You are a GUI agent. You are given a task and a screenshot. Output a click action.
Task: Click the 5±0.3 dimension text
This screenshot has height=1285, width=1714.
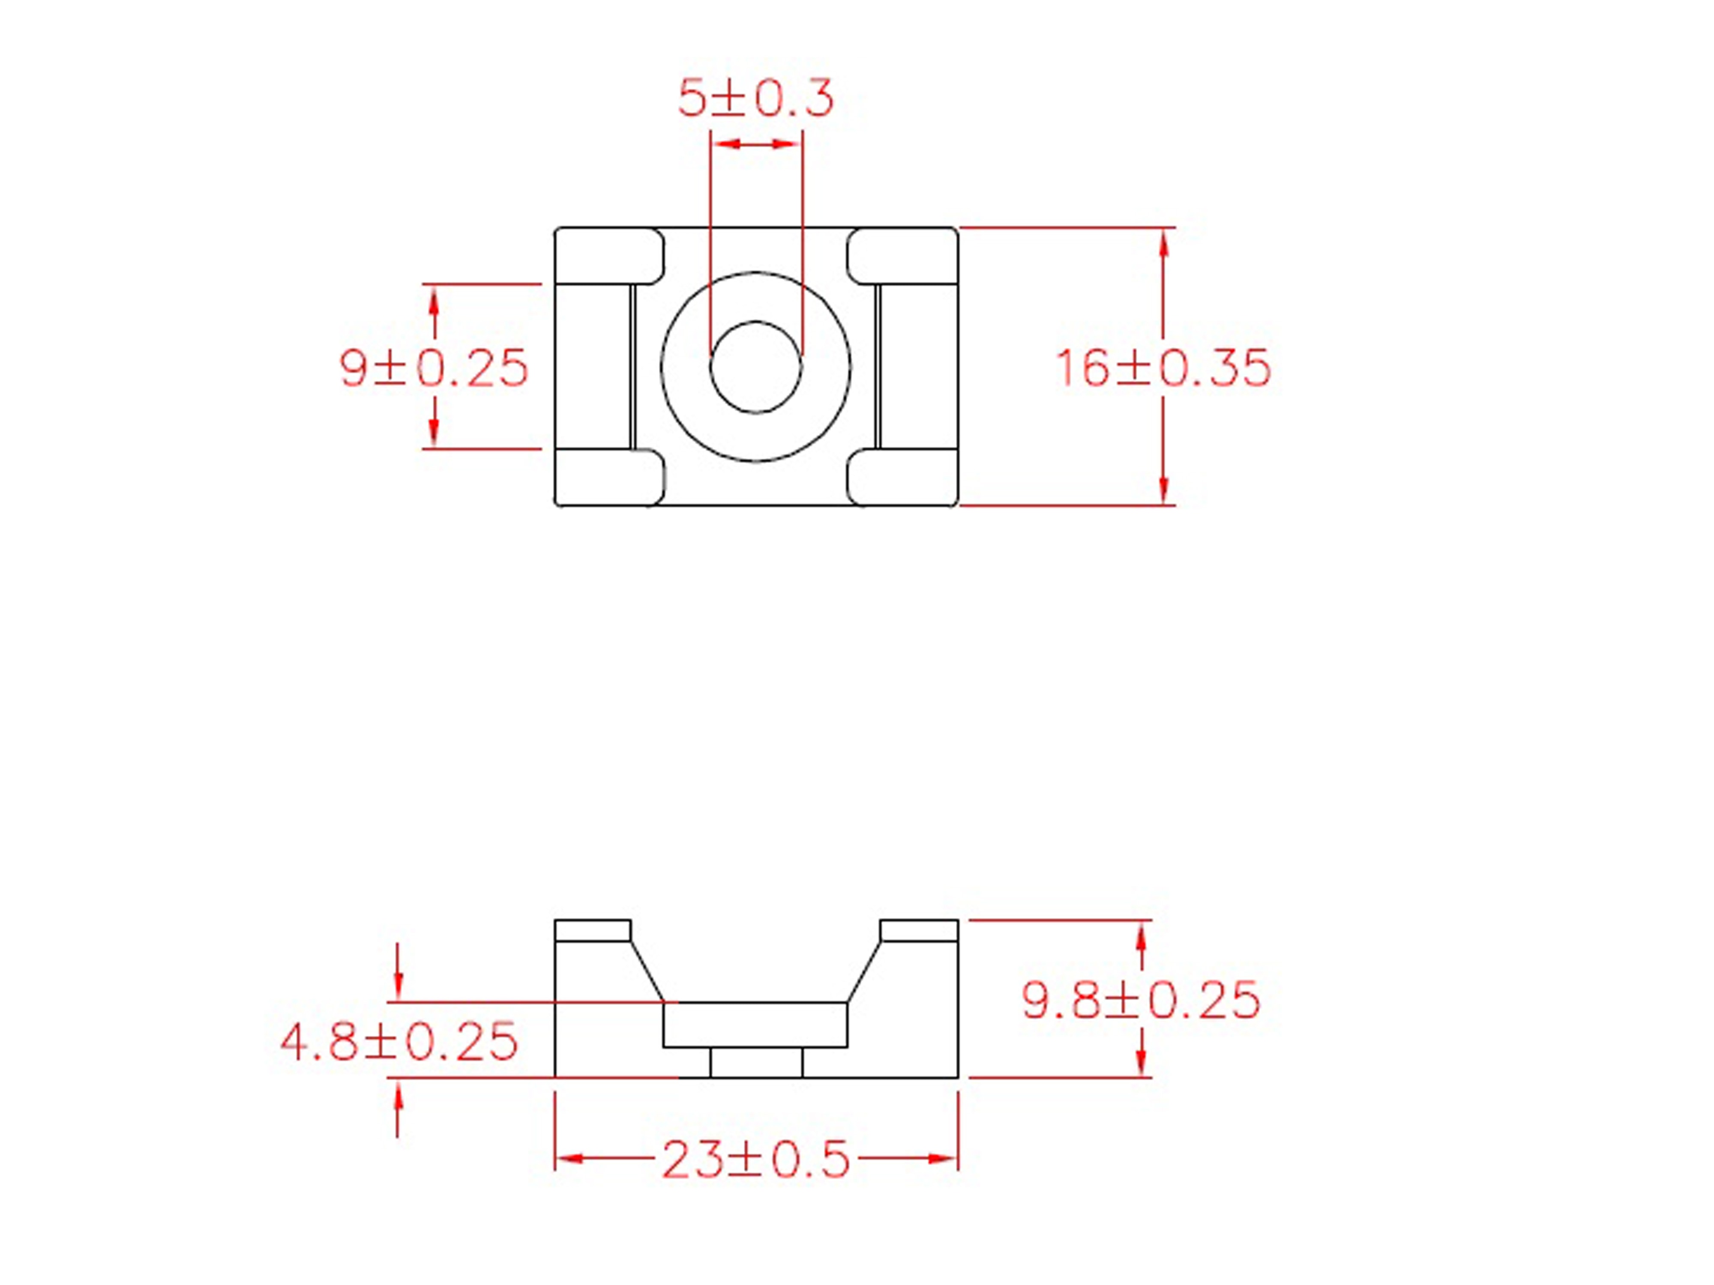pos(755,99)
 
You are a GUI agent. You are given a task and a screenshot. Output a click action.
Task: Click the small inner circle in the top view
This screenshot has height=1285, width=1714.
pos(755,366)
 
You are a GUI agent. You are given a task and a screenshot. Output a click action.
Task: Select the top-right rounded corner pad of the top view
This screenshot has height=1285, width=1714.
pos(903,256)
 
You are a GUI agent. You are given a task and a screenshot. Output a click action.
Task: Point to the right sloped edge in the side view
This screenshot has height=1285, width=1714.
pos(864,971)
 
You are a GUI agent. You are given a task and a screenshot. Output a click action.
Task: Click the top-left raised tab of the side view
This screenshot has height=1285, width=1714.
pos(593,930)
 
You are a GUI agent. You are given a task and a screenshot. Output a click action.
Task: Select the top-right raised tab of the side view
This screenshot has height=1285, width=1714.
pos(919,930)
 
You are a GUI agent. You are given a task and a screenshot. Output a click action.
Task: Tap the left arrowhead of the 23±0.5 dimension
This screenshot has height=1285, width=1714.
pos(569,1159)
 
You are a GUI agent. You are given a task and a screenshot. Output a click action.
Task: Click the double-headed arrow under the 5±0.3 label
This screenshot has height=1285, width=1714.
pos(755,144)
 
